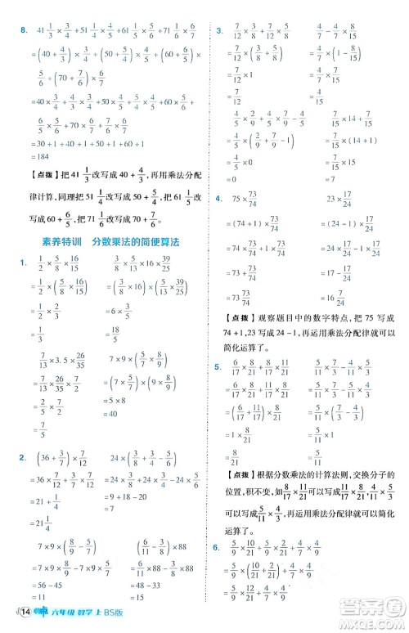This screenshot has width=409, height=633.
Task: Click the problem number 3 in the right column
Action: click(218, 31)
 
